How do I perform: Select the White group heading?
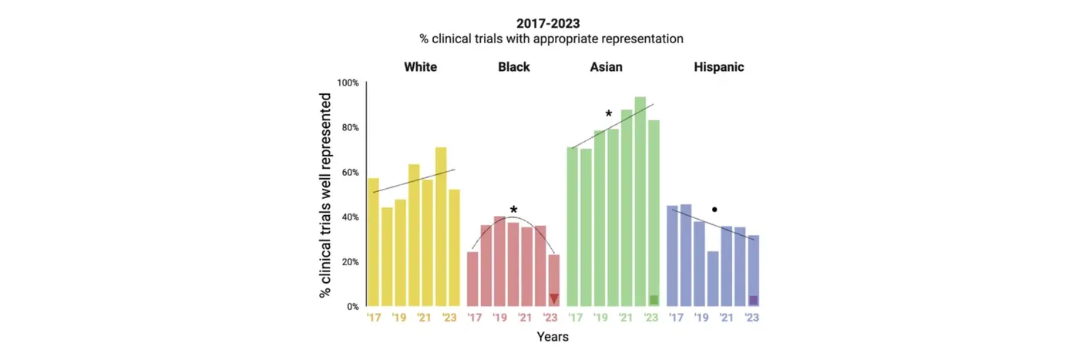[x=420, y=67]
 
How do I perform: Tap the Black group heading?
[x=514, y=67]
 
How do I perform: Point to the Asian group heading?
[x=606, y=67]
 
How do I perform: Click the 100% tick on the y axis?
[x=348, y=82]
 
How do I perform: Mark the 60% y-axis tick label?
[x=350, y=172]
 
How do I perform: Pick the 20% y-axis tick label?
[x=350, y=262]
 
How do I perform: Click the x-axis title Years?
[x=553, y=336]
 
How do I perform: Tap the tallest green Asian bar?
[x=640, y=201]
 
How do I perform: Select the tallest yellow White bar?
[x=441, y=227]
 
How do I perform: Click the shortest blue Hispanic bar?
[x=713, y=278]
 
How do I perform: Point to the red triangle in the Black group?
[x=553, y=299]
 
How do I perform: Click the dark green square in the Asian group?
[x=654, y=300]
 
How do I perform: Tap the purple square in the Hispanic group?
[x=754, y=300]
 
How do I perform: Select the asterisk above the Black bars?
[x=513, y=210]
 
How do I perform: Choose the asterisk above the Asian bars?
[x=609, y=115]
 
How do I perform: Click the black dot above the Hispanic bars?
[x=714, y=209]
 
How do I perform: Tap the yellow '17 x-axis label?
[x=374, y=318]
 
